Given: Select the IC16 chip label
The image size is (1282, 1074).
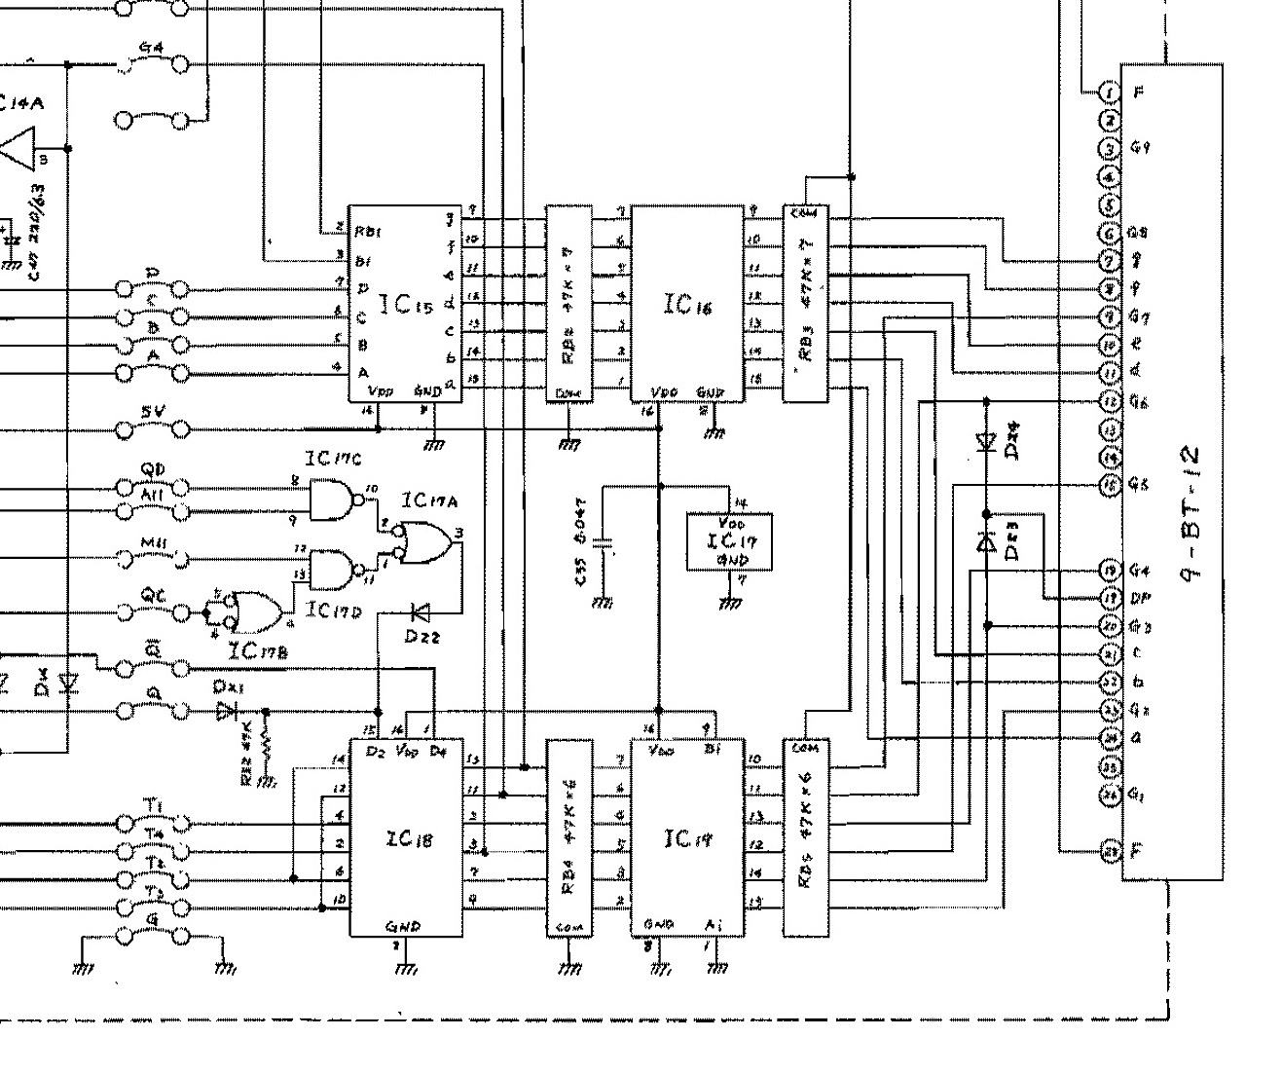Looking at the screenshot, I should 687,304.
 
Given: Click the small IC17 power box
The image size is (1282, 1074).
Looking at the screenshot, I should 729,541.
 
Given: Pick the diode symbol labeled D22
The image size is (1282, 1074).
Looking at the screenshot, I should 421,612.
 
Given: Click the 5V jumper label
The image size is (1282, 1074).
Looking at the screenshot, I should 152,413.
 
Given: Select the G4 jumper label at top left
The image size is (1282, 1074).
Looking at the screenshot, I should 151,47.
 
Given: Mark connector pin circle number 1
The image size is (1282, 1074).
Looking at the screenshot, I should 1111,93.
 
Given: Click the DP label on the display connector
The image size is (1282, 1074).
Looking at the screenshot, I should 1138,598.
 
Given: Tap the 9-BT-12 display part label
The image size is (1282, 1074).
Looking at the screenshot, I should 1192,514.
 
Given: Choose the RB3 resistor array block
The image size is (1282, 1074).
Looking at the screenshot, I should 806,303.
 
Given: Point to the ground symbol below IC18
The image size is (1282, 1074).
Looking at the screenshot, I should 406,968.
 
